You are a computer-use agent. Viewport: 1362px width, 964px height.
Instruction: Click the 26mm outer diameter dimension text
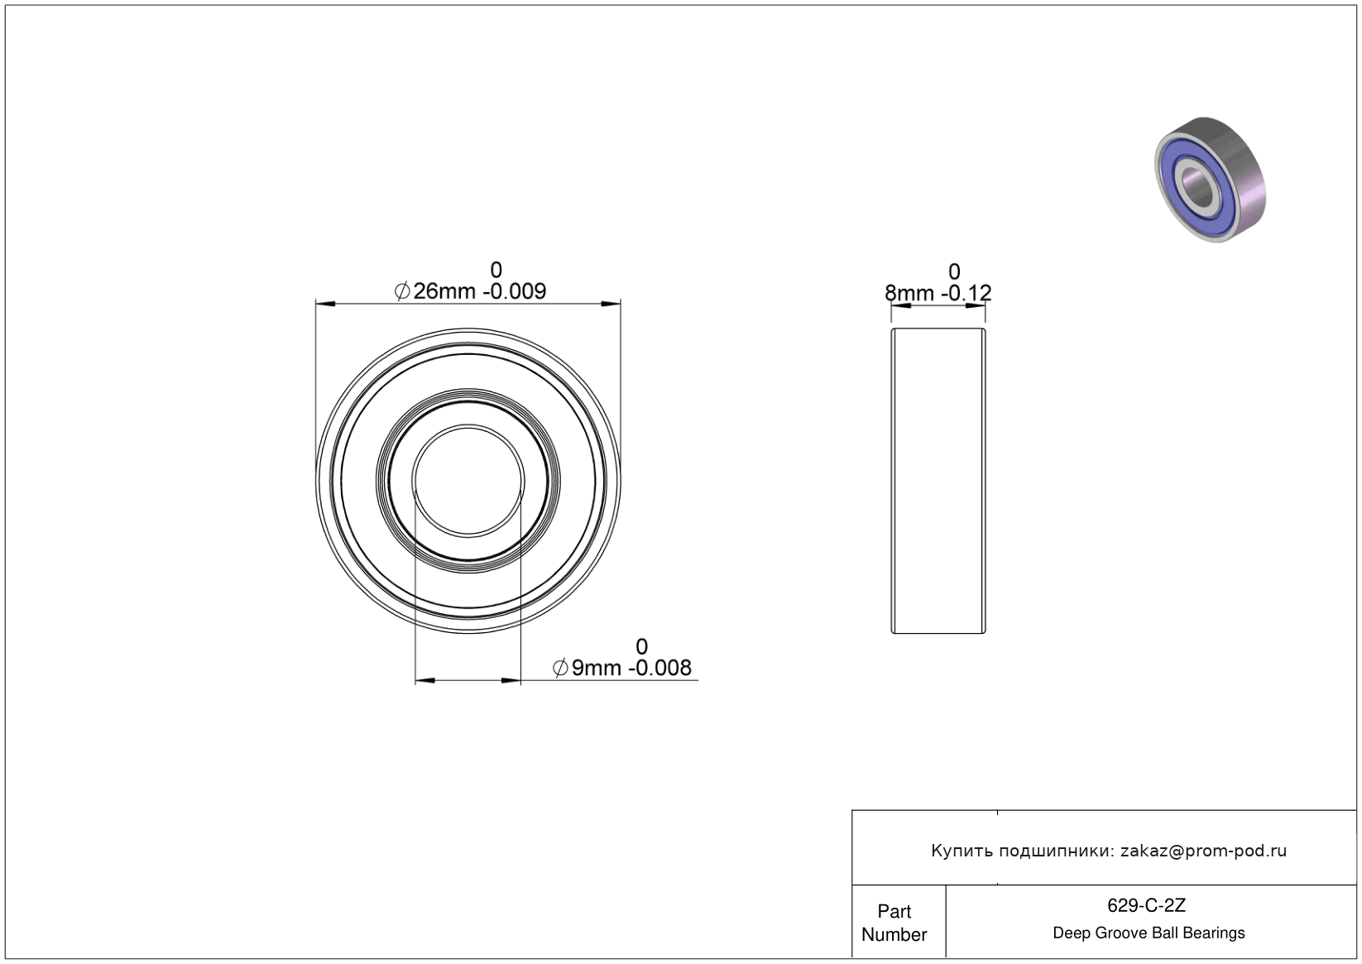444,291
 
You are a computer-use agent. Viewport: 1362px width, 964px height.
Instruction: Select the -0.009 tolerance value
515,291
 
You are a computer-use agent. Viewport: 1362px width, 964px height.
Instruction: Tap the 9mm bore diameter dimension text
597,668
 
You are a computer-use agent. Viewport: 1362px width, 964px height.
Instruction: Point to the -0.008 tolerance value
659,668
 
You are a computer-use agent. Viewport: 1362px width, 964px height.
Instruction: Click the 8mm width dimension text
909,293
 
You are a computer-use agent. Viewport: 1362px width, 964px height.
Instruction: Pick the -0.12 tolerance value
966,293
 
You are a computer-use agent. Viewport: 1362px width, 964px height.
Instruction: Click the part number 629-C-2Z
1146,905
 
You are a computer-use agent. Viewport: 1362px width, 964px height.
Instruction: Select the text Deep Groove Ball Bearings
1149,933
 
